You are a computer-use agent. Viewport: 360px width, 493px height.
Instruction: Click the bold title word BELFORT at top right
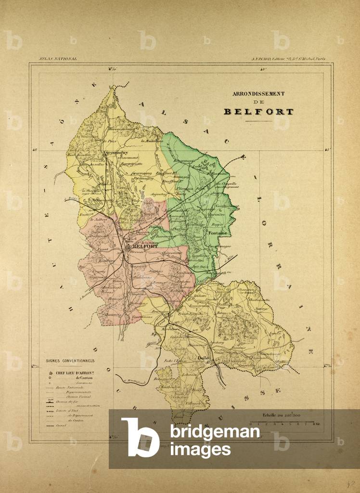coord(258,112)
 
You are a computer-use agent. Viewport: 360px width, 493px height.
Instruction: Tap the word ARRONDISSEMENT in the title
coord(258,94)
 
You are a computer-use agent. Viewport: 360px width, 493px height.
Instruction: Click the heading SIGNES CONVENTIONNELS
coord(70,360)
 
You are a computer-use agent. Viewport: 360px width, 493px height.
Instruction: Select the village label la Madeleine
coord(151,141)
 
